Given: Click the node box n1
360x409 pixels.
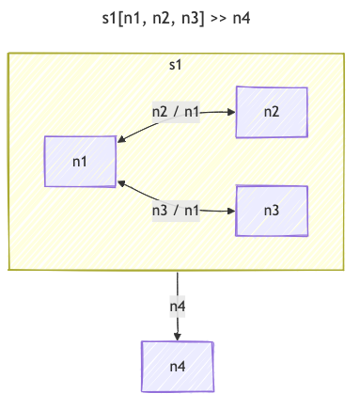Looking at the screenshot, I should [80, 161].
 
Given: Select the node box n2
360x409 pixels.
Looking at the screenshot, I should [272, 112].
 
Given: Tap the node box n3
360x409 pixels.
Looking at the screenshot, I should [272, 210].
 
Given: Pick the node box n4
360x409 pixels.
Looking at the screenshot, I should [178, 366].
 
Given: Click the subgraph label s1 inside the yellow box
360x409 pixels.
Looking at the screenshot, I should [175, 65].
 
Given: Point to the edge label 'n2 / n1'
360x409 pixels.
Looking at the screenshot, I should [176, 111].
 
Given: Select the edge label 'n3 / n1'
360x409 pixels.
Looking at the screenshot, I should [176, 210].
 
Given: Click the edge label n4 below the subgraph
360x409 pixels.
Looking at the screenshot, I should [178, 306].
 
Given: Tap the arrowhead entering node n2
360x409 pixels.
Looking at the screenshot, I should [231, 112].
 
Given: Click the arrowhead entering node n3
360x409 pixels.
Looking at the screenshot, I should [231, 210].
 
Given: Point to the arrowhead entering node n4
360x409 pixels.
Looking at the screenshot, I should [178, 336].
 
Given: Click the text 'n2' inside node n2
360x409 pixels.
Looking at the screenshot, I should [272, 112].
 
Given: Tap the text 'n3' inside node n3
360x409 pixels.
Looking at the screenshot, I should [272, 210].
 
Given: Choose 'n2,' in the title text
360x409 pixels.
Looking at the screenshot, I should [170, 17].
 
